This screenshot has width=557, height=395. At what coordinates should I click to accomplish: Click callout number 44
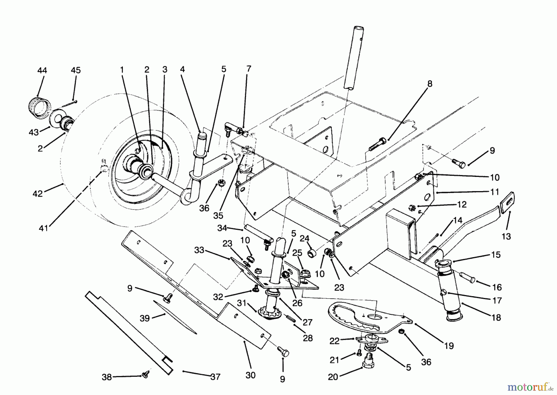pos(42,71)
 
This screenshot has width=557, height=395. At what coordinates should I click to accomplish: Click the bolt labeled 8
pos(377,145)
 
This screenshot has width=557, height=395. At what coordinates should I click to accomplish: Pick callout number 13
pos(506,237)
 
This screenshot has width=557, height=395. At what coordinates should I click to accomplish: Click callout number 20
pos(334,377)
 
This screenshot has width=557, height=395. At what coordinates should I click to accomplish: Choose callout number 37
pos(215,377)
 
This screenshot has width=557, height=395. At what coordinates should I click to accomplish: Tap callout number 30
pos(250,375)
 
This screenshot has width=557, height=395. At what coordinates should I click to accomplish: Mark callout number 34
pos(222,228)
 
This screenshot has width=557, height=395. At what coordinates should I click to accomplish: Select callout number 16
pos(497,287)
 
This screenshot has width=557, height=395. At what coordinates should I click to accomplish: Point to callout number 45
pos(76,71)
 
